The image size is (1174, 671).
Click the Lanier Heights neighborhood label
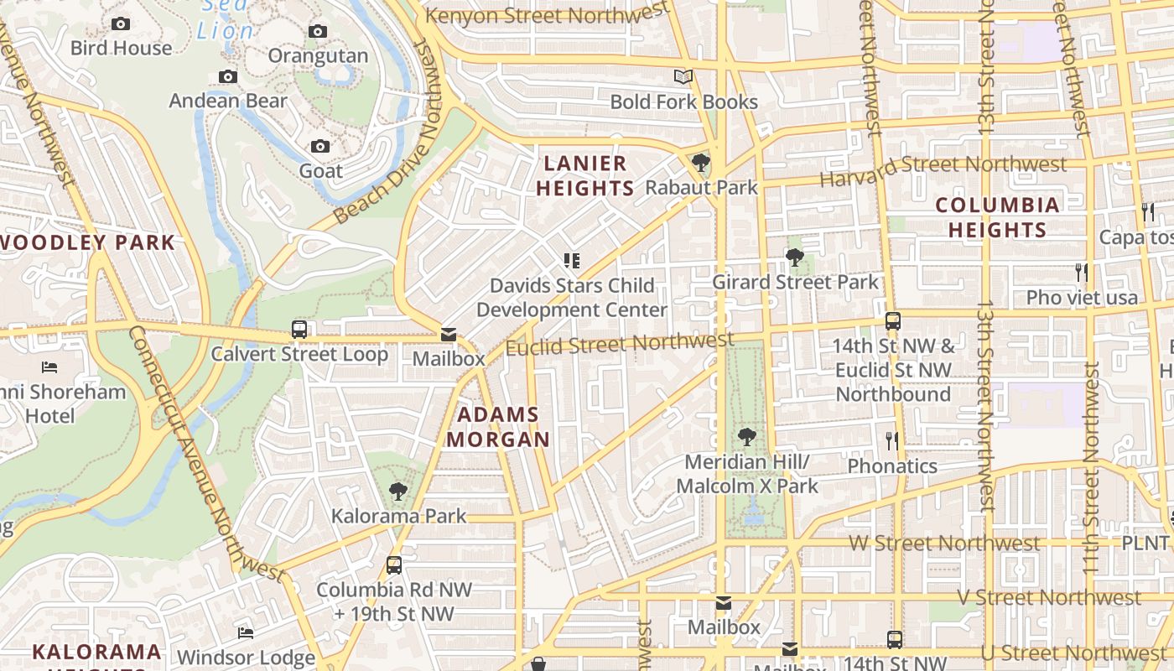pyautogui.click(x=584, y=175)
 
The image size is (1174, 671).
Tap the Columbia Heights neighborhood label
pyautogui.click(x=997, y=217)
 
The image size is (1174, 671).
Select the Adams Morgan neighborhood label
pyautogui.click(x=498, y=427)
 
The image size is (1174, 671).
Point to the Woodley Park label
pyautogui.click(x=87, y=243)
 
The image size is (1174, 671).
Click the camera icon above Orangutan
pyautogui.click(x=318, y=32)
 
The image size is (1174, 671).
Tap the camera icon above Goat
pyautogui.click(x=320, y=147)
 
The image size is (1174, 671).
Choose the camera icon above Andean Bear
pyautogui.click(x=228, y=77)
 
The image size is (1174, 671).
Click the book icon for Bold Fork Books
pyautogui.click(x=683, y=77)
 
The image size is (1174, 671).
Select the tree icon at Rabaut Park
pyautogui.click(x=701, y=163)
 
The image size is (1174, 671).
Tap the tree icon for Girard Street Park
pyautogui.click(x=795, y=257)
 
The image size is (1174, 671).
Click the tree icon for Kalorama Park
pyautogui.click(x=398, y=491)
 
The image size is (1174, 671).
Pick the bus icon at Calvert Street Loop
pyautogui.click(x=299, y=330)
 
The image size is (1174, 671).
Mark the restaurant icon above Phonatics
pyautogui.click(x=892, y=440)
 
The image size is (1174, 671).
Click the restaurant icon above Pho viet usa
pyautogui.click(x=1082, y=273)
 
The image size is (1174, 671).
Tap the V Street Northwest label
pyautogui.click(x=1048, y=598)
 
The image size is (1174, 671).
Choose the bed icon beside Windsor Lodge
pyautogui.click(x=246, y=632)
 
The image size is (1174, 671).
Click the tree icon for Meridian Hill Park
pyautogui.click(x=746, y=437)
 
